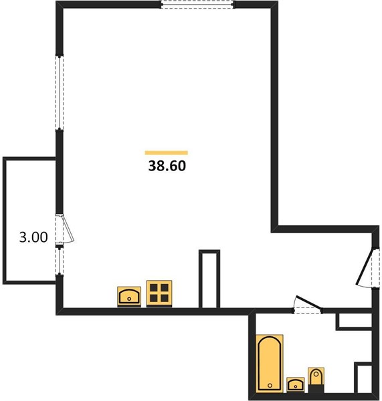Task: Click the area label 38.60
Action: coord(167,166)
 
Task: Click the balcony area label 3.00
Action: coord(33,237)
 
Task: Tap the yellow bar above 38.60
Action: coord(166,153)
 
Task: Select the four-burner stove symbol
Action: coord(159,293)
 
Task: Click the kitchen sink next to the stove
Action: coord(129,297)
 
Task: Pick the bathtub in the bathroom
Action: coord(270,363)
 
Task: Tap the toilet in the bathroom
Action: coord(316,380)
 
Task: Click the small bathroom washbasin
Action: coord(296,384)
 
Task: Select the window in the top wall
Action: coord(197,5)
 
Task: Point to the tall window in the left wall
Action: coord(60,93)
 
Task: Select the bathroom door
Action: coord(307,305)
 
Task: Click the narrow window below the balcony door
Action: coord(60,261)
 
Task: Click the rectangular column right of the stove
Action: coord(209,279)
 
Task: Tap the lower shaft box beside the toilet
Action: coord(363,378)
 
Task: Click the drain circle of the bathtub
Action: coord(270,386)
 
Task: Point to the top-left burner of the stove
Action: coord(154,288)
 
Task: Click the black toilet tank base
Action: coord(316,389)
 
